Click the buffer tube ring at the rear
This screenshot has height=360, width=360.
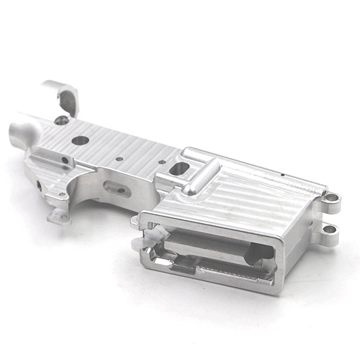pos(61,95)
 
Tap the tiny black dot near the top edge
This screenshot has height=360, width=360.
pos(281,175)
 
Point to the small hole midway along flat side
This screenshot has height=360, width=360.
pos(118,157)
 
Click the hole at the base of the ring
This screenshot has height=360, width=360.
pos(62,120)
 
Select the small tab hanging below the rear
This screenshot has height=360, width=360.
pos(59,214)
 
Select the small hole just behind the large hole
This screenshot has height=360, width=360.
pos(65,159)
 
